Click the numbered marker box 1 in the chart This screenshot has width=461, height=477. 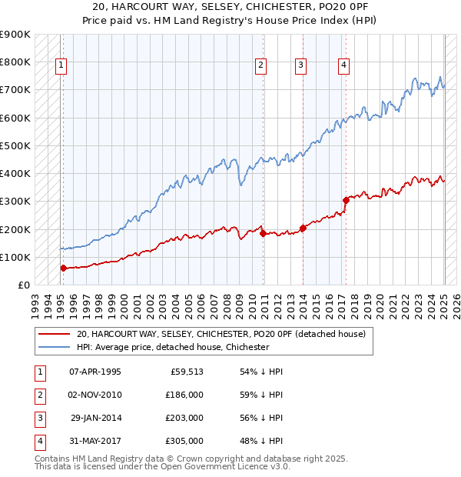coord(60,65)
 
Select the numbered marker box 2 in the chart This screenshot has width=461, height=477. coord(261,65)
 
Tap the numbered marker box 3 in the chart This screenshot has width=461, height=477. coord(301,65)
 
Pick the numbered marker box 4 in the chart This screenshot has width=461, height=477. coord(343,65)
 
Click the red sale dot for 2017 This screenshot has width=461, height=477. coord(346,200)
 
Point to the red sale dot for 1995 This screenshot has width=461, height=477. coord(63,268)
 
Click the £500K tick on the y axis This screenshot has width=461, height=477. coord(15,145)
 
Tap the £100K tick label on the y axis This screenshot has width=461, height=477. coord(15,257)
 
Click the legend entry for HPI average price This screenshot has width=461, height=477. coord(172,347)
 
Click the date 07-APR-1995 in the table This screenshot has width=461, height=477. coord(95,372)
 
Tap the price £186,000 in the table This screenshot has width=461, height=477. coord(184,395)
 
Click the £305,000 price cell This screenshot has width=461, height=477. coord(184,441)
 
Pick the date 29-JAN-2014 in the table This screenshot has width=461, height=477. coord(95,418)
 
